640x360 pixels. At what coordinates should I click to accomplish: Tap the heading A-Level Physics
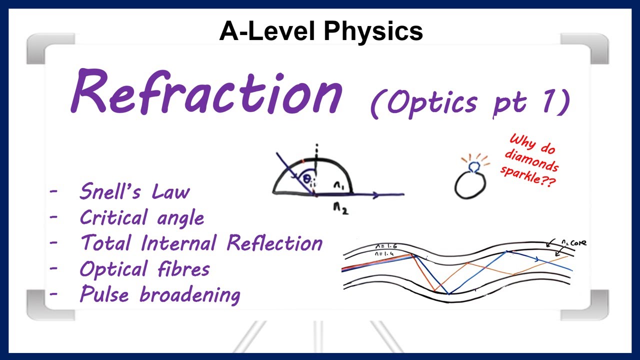(321, 31)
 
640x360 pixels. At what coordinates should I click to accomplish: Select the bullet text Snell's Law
(134, 192)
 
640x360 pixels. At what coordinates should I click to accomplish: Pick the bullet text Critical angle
(141, 217)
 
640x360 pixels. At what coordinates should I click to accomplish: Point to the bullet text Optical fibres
(144, 269)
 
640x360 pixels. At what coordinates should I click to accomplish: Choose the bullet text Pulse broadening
(159, 294)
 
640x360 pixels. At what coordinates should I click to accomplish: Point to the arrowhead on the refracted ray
(376, 195)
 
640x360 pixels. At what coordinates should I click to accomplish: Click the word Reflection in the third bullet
(274, 243)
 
